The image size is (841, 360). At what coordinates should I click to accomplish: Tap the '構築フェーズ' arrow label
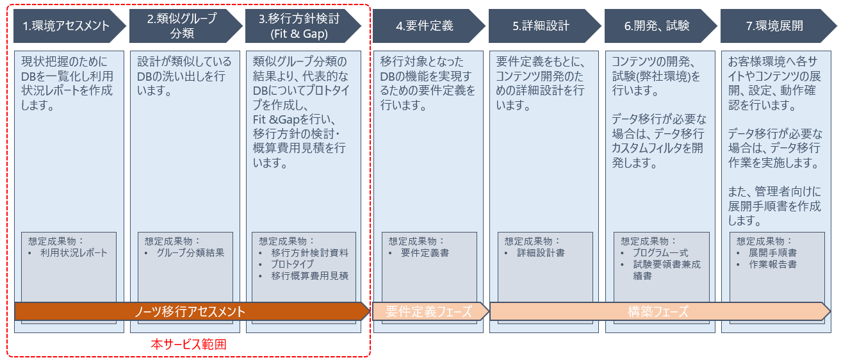[x=660, y=311]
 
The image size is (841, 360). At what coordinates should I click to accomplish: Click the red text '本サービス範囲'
[x=188, y=344]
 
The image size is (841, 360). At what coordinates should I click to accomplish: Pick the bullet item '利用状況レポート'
[x=74, y=252]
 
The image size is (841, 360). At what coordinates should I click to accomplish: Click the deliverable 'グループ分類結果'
[x=190, y=252]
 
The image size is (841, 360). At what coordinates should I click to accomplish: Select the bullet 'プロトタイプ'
[x=292, y=265]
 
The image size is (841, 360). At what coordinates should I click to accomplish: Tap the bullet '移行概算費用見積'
[x=310, y=276]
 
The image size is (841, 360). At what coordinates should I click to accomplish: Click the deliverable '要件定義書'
[x=425, y=252]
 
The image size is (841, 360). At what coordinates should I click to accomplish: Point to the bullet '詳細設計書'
[x=541, y=252]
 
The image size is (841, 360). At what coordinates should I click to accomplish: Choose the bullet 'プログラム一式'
[x=661, y=252]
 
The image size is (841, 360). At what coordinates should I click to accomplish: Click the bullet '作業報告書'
[x=772, y=265]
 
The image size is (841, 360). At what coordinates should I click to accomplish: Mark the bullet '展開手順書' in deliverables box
[x=772, y=252]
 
